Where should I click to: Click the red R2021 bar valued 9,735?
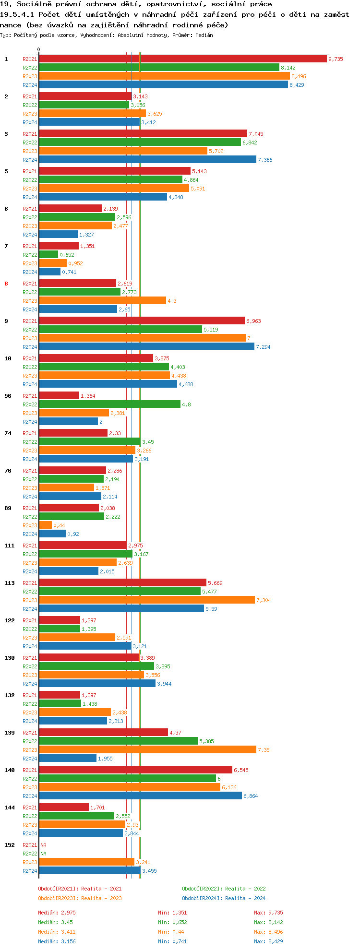click(x=182, y=59)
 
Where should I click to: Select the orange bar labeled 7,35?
click(x=147, y=750)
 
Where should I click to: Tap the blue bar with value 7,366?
click(x=147, y=160)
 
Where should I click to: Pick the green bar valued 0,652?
click(x=48, y=255)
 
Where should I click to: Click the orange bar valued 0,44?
click(x=45, y=525)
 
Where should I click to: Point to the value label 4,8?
click(x=186, y=404)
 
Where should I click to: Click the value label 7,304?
click(x=264, y=600)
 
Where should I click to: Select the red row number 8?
click(x=6, y=284)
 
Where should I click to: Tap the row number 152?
click(x=9, y=845)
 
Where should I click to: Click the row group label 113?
click(x=9, y=583)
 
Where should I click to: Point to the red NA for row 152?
click(x=43, y=845)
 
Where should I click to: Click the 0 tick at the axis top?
click(x=39, y=49)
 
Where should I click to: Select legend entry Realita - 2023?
click(x=80, y=898)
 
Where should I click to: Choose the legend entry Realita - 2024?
click(x=224, y=898)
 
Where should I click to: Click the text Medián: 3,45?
click(x=55, y=922)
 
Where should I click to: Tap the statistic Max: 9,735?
click(x=268, y=913)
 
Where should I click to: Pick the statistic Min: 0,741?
click(x=172, y=941)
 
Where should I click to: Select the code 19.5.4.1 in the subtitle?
click(x=18, y=14)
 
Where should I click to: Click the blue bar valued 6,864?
click(x=140, y=796)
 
